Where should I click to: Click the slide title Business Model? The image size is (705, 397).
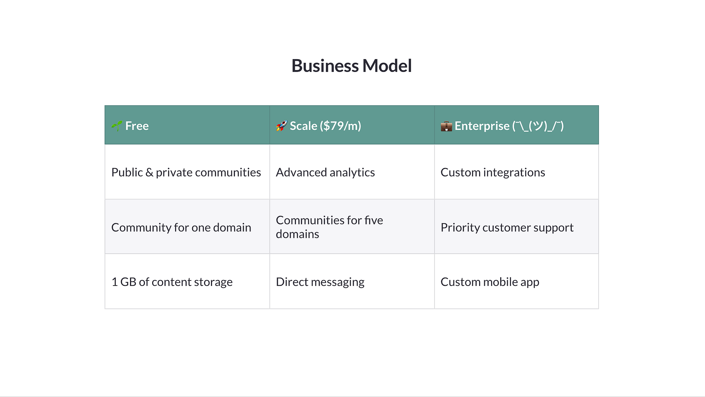[x=352, y=66]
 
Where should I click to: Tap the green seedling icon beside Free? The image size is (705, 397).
[x=117, y=126]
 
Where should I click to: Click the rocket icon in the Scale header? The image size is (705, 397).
[x=281, y=126]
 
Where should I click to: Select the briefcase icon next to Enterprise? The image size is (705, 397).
[x=446, y=126]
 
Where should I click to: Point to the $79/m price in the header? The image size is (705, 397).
[x=340, y=126]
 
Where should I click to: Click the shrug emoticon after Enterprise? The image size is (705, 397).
[x=538, y=126]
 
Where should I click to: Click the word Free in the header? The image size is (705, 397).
[x=137, y=126]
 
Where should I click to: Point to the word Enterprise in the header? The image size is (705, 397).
[x=482, y=126]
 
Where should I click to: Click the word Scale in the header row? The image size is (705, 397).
[x=303, y=126]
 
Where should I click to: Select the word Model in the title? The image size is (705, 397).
[x=387, y=66]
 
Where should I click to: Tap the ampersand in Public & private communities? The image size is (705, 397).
[x=149, y=173]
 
